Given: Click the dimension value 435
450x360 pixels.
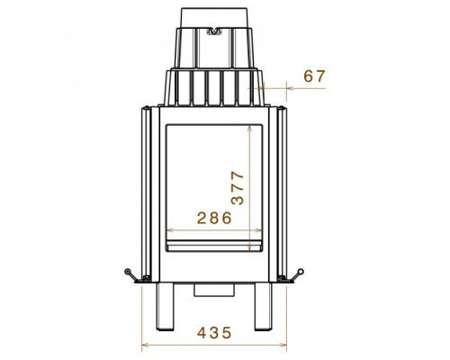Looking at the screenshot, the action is pos(214,332).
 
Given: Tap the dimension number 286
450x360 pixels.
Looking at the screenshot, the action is pos(214,218).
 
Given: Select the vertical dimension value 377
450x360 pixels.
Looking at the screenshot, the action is pos(238,188).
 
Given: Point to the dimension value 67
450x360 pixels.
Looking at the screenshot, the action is pos(314,76).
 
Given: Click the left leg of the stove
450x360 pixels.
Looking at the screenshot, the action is pos(166,306).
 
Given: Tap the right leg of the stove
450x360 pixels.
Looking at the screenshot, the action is pos(263,306).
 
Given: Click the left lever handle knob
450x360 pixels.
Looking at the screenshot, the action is pos(128,271).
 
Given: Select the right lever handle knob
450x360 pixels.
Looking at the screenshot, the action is pos(301,272).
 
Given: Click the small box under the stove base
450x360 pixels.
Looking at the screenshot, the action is pos(214,290).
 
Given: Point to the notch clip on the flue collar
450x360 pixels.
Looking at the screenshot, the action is pos(214,31).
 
